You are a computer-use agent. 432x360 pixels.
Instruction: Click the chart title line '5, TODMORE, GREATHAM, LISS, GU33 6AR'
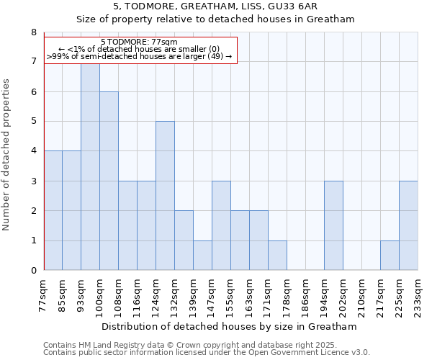(216, 6)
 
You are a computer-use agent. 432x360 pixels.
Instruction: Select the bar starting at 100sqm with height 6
(109, 181)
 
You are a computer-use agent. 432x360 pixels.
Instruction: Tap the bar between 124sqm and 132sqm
(165, 196)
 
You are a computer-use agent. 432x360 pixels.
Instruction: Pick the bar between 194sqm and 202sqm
(333, 226)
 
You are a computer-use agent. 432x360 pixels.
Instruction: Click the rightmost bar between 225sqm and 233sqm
(408, 226)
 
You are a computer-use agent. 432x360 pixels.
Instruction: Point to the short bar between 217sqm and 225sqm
(390, 256)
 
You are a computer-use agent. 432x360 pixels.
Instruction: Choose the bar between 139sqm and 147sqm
(202, 256)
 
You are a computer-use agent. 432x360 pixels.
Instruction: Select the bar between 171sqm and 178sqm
(277, 256)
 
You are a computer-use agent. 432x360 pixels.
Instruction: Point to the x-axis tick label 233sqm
(418, 296)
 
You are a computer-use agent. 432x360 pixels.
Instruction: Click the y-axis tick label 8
(33, 32)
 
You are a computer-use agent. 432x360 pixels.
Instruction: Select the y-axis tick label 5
(33, 122)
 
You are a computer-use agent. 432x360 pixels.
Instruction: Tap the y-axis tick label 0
(33, 271)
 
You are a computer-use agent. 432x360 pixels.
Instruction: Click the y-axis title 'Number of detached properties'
(7, 152)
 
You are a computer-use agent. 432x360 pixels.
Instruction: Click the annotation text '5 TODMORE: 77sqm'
(139, 42)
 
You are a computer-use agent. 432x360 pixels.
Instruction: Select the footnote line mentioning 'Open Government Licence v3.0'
(206, 353)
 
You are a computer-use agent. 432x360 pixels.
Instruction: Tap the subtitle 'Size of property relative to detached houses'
(216, 19)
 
